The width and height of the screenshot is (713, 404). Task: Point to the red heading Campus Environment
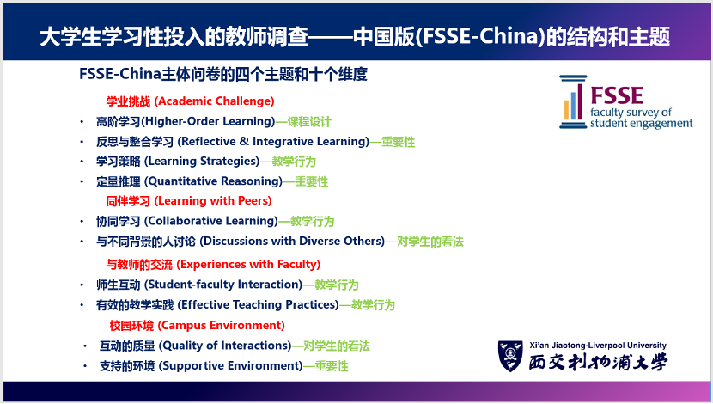tap(222, 325)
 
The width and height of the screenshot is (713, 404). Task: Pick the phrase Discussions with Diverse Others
tap(293, 241)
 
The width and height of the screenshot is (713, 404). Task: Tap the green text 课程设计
tap(309, 122)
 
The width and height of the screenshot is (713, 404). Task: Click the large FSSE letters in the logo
tap(617, 95)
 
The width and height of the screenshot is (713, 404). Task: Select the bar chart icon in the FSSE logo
tap(573, 102)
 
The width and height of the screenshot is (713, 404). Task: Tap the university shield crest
tap(510, 356)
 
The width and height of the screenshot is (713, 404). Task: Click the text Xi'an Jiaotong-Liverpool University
tap(598, 346)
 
